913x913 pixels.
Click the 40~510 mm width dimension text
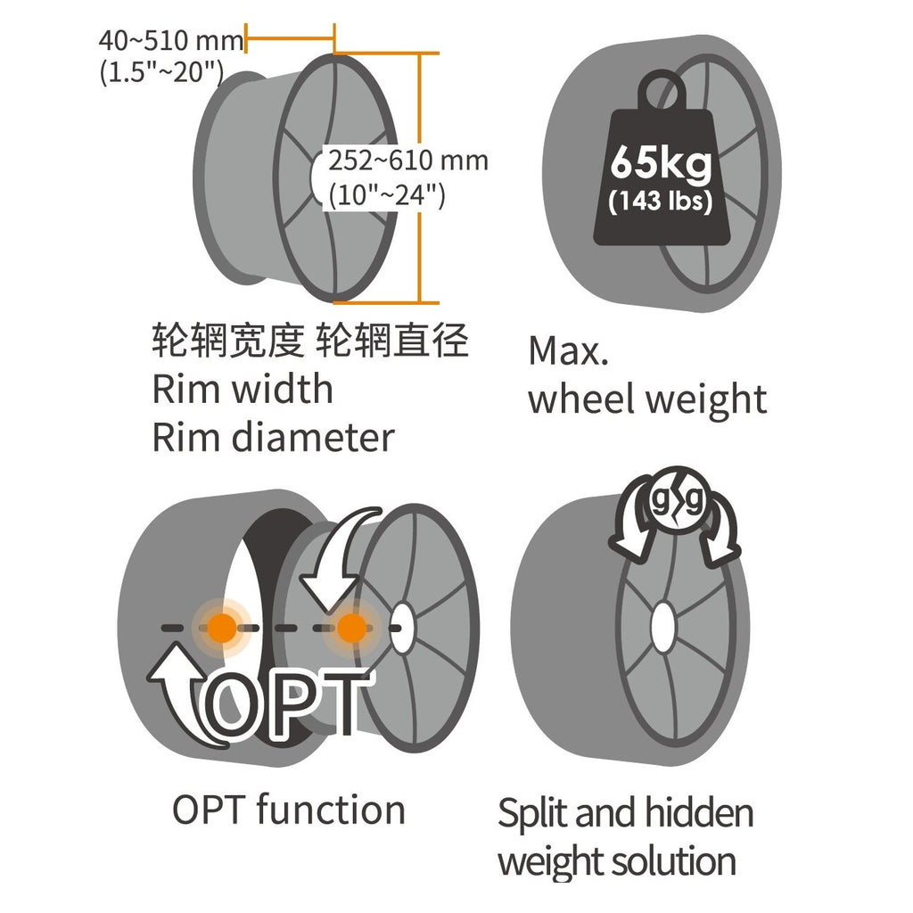tap(171, 41)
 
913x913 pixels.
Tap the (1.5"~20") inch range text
tap(162, 72)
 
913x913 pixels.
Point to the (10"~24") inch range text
tap(387, 194)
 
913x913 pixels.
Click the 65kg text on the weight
tap(662, 163)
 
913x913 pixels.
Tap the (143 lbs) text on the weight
tap(661, 201)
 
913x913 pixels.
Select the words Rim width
tap(243, 389)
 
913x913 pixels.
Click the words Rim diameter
tap(273, 437)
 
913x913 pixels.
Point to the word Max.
tap(568, 351)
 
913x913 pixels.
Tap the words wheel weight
tap(647, 400)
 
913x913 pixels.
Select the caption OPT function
tap(289, 810)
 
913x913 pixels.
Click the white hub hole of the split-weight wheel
tap(663, 627)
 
